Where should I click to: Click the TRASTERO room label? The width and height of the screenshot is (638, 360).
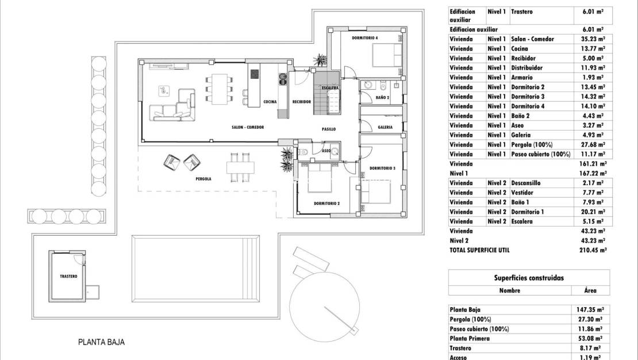[68, 277]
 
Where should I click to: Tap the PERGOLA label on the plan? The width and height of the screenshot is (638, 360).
[203, 179]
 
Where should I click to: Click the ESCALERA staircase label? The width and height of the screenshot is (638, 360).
[330, 88]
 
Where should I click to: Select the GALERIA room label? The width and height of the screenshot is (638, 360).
[385, 127]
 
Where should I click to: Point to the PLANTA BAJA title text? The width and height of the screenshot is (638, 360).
[101, 342]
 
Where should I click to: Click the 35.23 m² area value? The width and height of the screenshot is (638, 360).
[592, 39]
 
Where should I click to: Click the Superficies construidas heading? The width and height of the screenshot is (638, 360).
[529, 278]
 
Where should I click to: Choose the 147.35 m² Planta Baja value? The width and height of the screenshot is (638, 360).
[589, 309]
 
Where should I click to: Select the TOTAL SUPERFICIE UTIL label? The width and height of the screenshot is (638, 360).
[479, 250]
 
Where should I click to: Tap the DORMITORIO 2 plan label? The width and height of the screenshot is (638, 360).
[327, 204]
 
